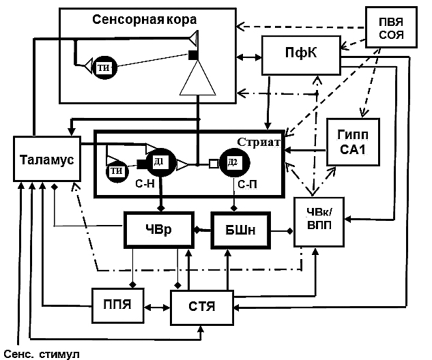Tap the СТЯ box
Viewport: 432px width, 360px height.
[203, 304]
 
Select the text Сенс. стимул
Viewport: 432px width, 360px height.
[42, 352]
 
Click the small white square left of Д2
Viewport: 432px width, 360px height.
[213, 164]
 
